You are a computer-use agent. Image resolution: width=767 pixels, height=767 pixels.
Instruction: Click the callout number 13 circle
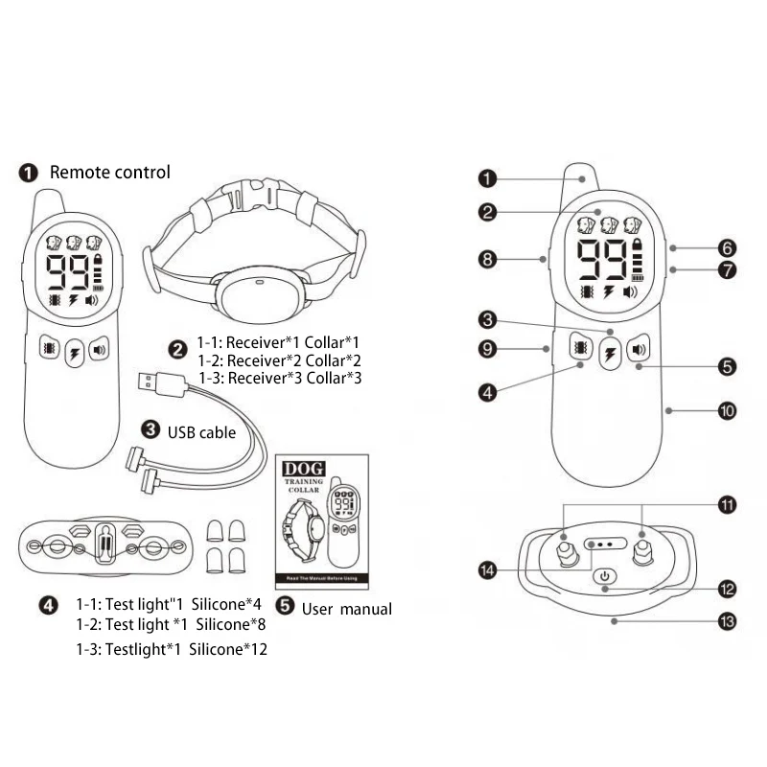click(x=727, y=621)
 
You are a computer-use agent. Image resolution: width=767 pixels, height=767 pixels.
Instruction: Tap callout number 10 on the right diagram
click(x=727, y=410)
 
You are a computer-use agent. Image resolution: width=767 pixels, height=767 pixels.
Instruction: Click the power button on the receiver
click(x=604, y=576)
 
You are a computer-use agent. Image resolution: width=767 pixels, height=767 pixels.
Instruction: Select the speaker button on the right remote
click(x=638, y=350)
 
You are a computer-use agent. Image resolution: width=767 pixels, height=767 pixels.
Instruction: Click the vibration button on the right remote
click(x=578, y=350)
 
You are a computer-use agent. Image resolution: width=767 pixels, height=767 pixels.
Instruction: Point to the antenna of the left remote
click(x=49, y=203)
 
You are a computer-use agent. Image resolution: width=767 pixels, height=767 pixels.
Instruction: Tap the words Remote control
click(x=109, y=173)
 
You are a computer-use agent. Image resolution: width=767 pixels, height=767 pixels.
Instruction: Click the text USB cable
click(x=201, y=432)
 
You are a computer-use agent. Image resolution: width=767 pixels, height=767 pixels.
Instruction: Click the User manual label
click(x=346, y=608)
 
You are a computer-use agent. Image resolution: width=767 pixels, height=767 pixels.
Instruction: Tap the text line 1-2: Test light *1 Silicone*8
click(x=170, y=624)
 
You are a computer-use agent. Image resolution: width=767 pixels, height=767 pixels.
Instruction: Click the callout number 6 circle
click(x=727, y=246)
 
